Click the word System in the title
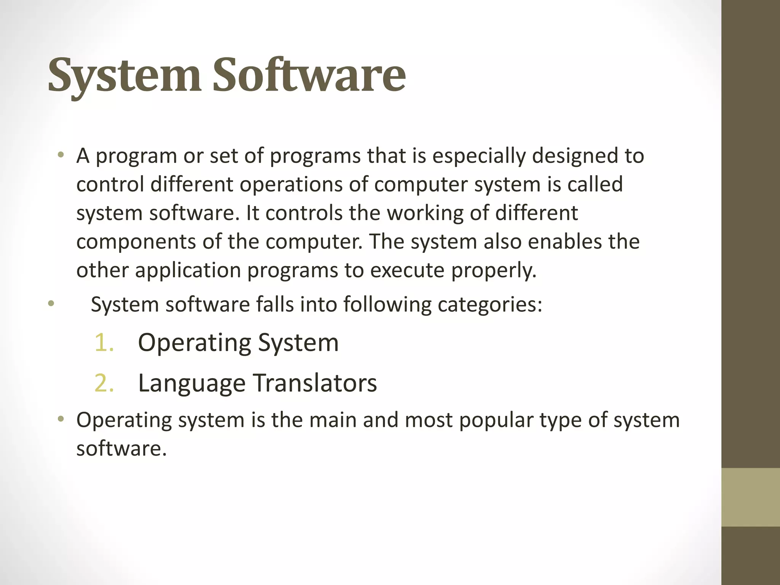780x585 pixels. [124, 75]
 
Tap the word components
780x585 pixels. [136, 242]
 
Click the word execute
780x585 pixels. [407, 271]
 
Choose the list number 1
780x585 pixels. [104, 342]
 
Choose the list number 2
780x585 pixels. [104, 383]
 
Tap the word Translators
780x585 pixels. [315, 383]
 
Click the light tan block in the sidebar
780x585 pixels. [750, 497]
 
